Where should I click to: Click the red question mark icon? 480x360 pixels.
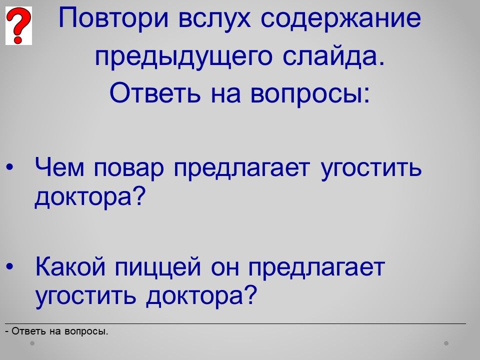pos(18,25)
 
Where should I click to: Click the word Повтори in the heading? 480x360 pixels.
pos(113,18)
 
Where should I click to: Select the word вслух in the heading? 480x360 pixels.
pos(214,18)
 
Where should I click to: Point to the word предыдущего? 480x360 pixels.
pos(183,57)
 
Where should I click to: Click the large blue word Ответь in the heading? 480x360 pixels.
pos(155,92)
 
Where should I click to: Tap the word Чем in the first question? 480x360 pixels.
pos(59,167)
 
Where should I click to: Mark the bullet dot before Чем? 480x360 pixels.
pos(10,167)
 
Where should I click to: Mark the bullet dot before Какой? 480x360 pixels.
pos(10,266)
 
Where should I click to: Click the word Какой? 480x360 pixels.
pos(70,265)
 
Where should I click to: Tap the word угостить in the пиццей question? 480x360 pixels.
pos(85,296)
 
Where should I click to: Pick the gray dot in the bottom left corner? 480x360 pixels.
pos(32,343)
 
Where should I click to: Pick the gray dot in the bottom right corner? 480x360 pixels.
pos(446,343)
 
